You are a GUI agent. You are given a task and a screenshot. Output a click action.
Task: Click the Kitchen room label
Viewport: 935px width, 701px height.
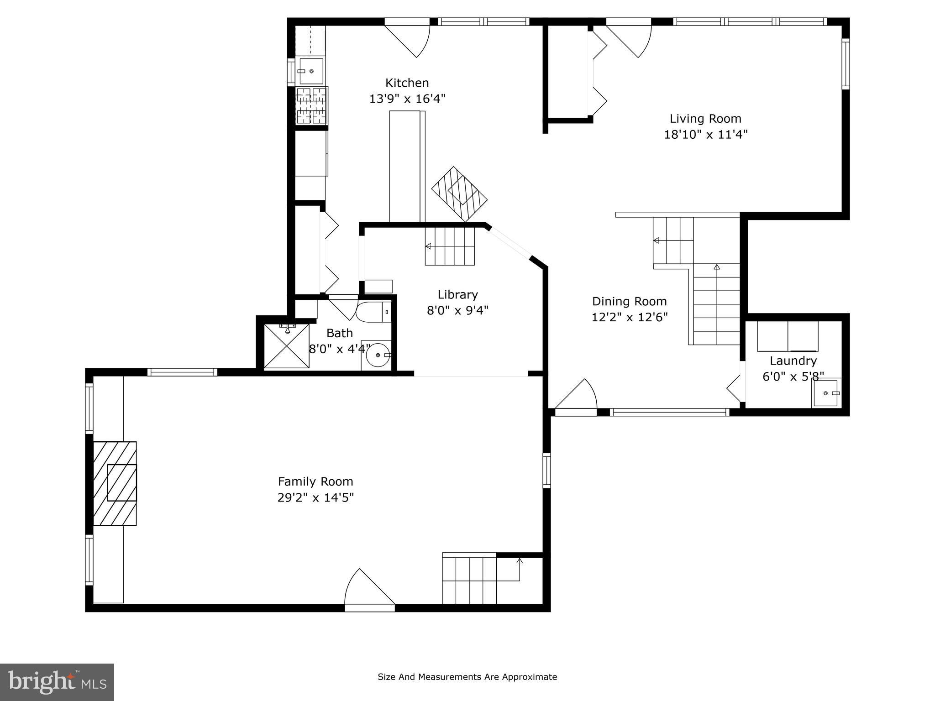point(407,83)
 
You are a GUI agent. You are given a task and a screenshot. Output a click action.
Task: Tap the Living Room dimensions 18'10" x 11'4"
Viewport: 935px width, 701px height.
point(705,135)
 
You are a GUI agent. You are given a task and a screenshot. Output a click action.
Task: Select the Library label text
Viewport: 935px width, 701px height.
point(457,295)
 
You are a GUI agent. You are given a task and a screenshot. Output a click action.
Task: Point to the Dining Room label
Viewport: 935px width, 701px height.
point(629,301)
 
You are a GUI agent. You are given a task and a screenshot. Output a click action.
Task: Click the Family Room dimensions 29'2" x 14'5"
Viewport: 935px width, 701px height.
point(315,497)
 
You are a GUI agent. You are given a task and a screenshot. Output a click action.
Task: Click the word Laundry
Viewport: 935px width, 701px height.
point(793,361)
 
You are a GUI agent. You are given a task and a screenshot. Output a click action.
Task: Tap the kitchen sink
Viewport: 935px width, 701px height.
point(311,71)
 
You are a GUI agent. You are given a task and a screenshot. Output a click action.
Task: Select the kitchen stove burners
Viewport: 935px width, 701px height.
point(312,106)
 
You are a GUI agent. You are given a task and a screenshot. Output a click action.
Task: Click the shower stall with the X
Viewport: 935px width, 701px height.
point(287,346)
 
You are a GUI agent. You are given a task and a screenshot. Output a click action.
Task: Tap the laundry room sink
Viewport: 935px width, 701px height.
point(825,393)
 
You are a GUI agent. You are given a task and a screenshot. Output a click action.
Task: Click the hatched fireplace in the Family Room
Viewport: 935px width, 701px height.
point(115,483)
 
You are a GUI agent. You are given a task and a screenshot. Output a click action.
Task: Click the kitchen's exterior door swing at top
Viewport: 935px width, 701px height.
point(409,39)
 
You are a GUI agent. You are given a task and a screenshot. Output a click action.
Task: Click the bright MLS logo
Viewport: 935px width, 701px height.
point(57,682)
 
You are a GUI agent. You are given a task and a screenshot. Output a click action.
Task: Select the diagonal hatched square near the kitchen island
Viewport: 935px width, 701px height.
point(459,194)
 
